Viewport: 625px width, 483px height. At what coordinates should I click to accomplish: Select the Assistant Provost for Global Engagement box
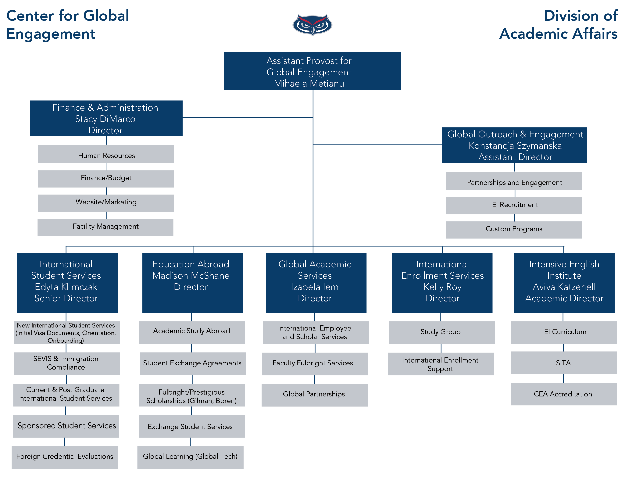[x=312, y=71]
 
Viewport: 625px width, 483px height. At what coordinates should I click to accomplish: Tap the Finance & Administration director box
[x=106, y=118]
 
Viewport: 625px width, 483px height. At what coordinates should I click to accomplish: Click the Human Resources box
[x=106, y=155]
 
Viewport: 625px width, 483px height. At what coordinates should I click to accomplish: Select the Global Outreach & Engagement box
[x=514, y=145]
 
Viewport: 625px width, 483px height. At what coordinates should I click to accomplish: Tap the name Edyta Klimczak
[x=66, y=287]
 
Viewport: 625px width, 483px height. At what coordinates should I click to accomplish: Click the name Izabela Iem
[x=315, y=287]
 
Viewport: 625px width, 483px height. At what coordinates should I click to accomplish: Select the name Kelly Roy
[x=442, y=287]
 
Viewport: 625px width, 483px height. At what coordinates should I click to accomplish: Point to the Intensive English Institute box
[x=564, y=282]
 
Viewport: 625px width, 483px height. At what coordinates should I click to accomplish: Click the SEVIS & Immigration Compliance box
[x=67, y=363]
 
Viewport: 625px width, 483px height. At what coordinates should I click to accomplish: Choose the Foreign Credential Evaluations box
[x=65, y=457]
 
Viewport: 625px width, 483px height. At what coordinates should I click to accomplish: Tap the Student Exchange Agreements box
[x=192, y=363]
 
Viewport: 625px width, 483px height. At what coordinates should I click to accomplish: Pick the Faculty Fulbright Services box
[x=315, y=363]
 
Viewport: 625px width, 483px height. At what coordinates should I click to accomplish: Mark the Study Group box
[x=441, y=332]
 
